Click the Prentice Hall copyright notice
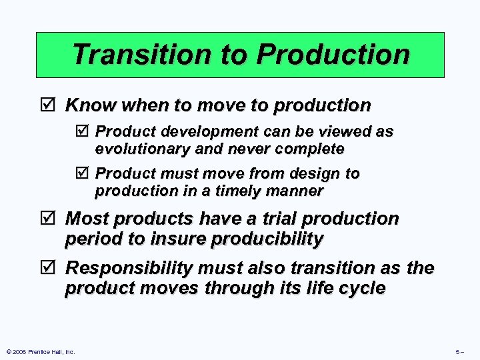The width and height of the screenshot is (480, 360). pos(40,351)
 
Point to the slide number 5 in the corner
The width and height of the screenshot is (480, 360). pos(458,351)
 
